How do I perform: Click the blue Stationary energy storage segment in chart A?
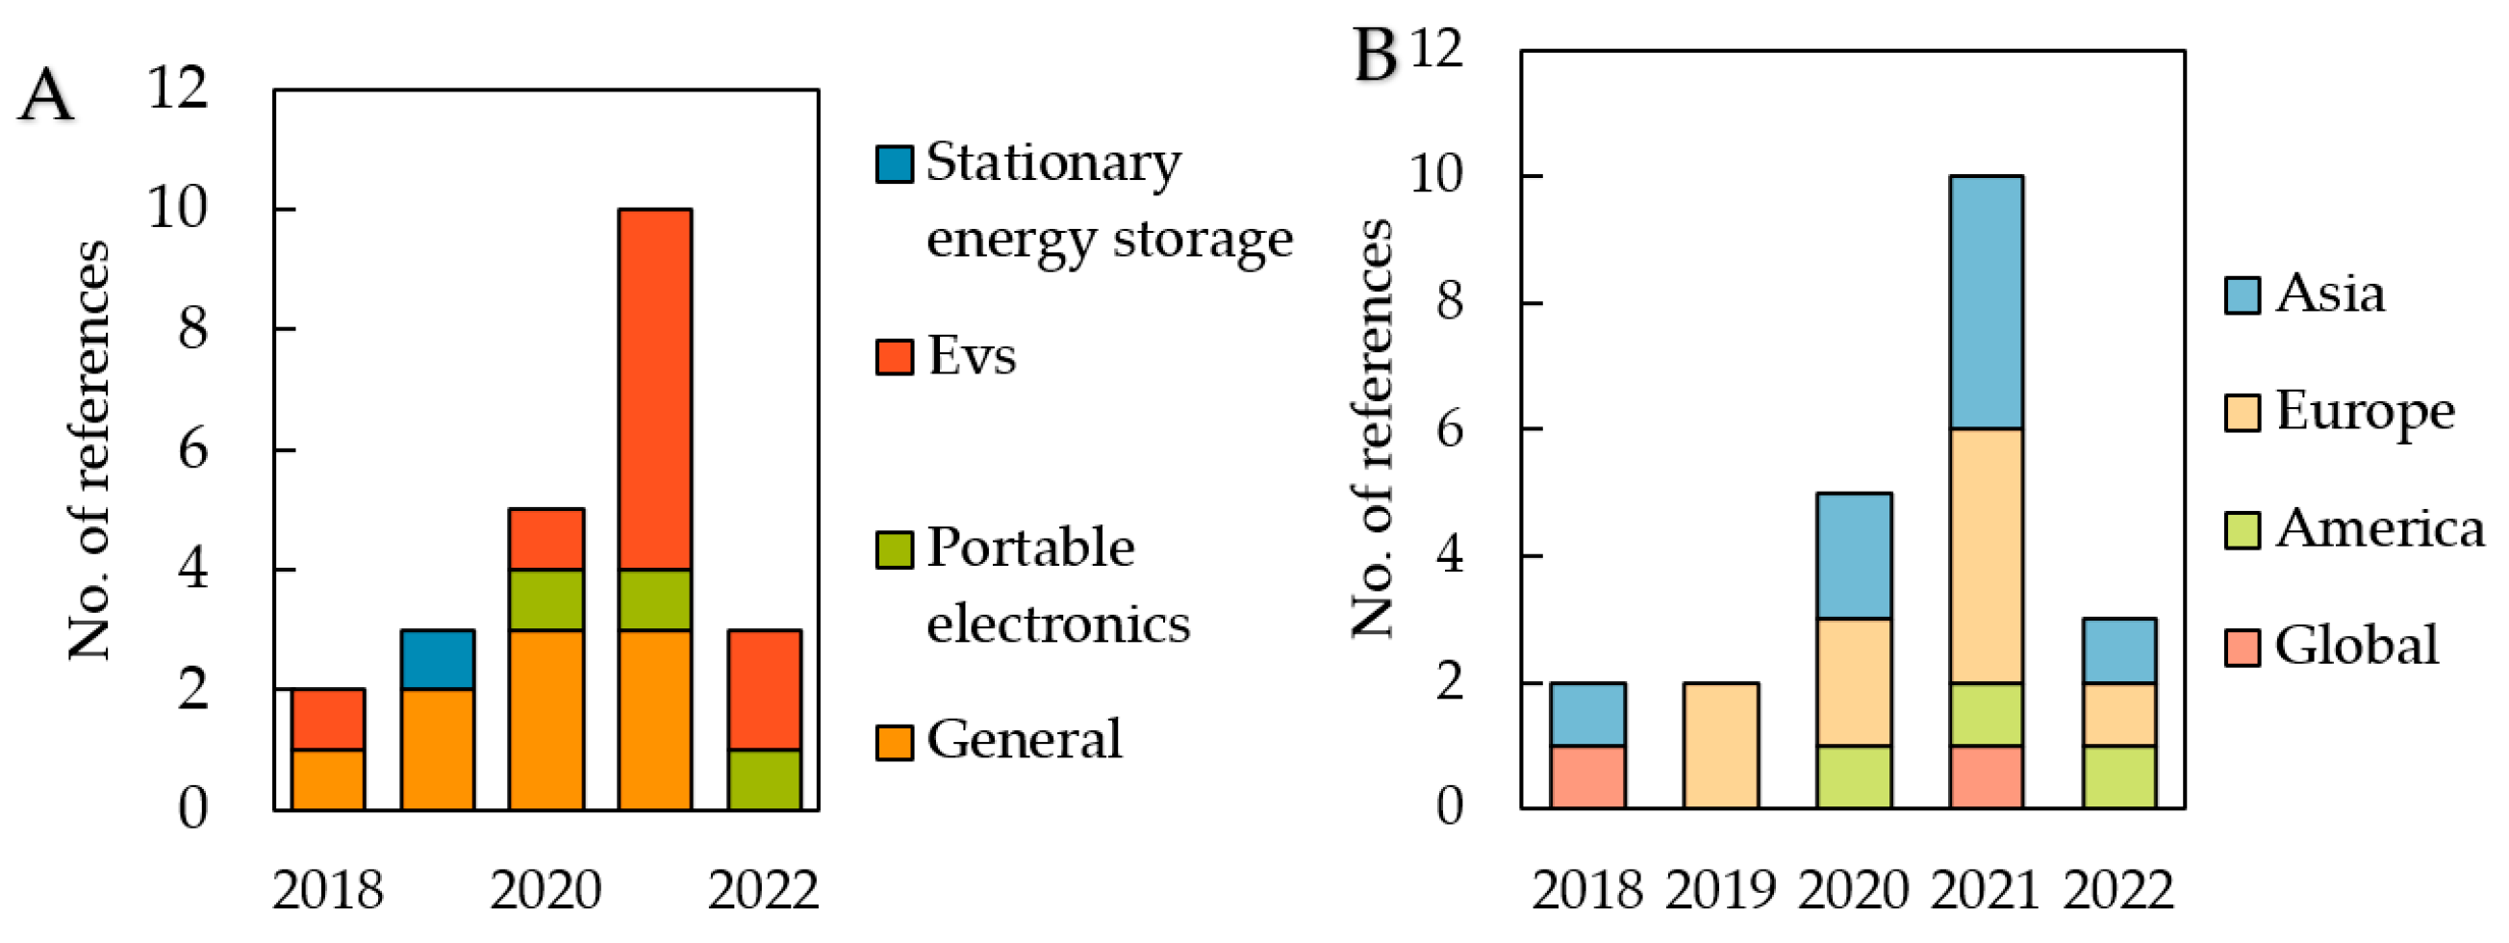point(438,659)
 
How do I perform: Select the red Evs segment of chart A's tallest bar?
point(654,389)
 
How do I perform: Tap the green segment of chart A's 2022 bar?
point(765,778)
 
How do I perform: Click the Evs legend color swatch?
point(894,357)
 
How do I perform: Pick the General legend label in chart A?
point(1024,739)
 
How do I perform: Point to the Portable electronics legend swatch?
point(894,549)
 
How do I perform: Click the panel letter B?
point(1376,56)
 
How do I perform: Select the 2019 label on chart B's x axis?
point(1720,890)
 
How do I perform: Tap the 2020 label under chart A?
point(545,890)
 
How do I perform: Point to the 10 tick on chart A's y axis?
point(177,209)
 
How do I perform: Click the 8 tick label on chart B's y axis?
point(1448,302)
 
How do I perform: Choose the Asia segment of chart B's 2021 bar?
point(1986,302)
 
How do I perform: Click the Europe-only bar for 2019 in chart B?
point(1720,745)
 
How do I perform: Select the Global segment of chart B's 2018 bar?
point(1587,777)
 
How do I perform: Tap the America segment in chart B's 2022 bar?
point(2119,777)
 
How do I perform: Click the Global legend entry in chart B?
point(2356,646)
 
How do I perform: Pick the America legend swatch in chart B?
point(2243,530)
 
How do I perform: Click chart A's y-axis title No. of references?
point(89,450)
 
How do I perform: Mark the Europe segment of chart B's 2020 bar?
point(1854,682)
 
